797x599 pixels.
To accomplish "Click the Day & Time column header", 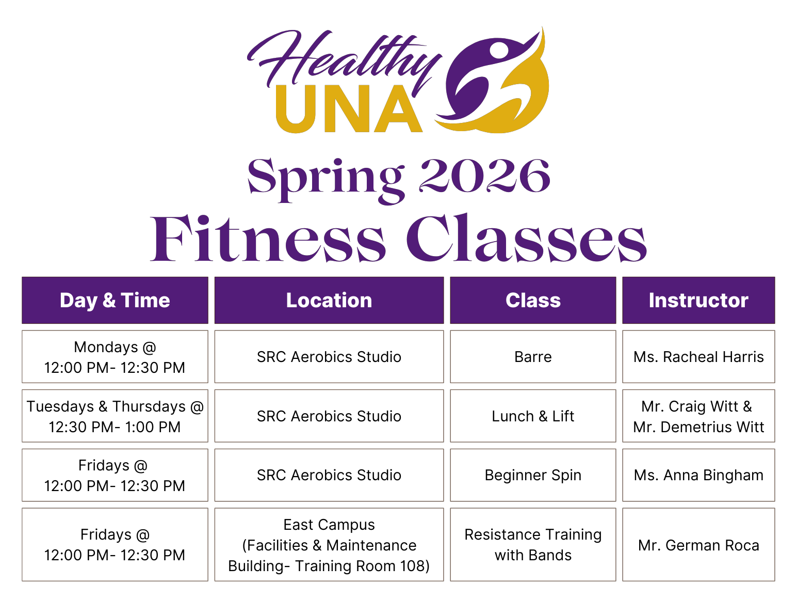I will click(x=115, y=301).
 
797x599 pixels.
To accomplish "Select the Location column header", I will click(x=329, y=301).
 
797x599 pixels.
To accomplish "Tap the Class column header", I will click(x=533, y=301).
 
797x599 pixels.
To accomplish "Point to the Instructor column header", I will click(x=698, y=301).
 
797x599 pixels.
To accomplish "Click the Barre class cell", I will click(x=533, y=357).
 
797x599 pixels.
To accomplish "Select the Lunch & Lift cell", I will click(x=533, y=416).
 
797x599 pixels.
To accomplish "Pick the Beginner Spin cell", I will click(x=533, y=475).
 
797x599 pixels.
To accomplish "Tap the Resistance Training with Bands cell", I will click(x=533, y=545).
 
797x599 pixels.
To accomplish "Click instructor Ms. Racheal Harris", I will click(x=698, y=357).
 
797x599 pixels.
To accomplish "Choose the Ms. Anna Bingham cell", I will click(x=698, y=475).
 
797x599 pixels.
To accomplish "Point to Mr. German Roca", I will click(x=698, y=545).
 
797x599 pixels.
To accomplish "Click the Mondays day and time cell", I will click(x=115, y=357).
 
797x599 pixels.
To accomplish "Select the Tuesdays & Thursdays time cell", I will click(x=115, y=416).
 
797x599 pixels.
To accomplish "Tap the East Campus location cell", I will click(x=329, y=545).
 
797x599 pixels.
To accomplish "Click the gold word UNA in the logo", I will click(x=349, y=109).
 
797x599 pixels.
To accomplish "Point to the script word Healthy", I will click(x=343, y=59).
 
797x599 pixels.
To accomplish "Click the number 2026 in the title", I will click(x=484, y=176).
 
